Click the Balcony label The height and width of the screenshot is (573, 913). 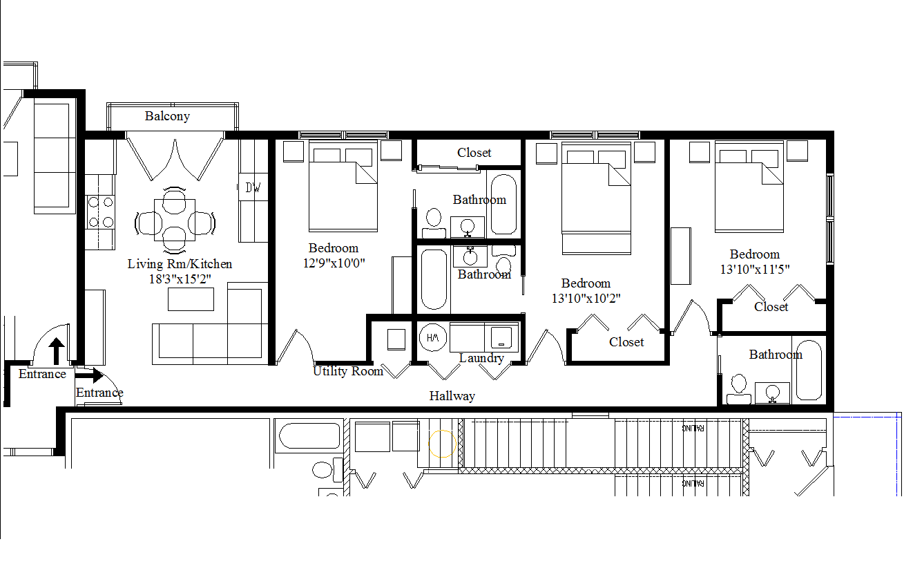(167, 116)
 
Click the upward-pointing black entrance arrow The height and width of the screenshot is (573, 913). (57, 351)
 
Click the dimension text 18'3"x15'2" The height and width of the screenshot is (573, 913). (180, 279)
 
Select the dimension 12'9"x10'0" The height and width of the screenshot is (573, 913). (334, 263)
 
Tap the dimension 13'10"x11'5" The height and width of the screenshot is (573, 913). (755, 269)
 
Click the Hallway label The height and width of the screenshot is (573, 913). (452, 396)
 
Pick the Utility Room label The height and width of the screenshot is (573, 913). (347, 371)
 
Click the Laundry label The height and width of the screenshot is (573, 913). (481, 358)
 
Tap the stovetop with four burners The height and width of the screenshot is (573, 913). (99, 212)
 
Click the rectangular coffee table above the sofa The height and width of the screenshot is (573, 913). (191, 299)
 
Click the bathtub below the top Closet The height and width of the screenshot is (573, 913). (502, 204)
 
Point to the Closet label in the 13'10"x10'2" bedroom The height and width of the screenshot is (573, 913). (626, 342)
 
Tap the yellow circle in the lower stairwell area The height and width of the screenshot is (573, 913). (442, 443)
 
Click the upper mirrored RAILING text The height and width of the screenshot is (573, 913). (693, 428)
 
